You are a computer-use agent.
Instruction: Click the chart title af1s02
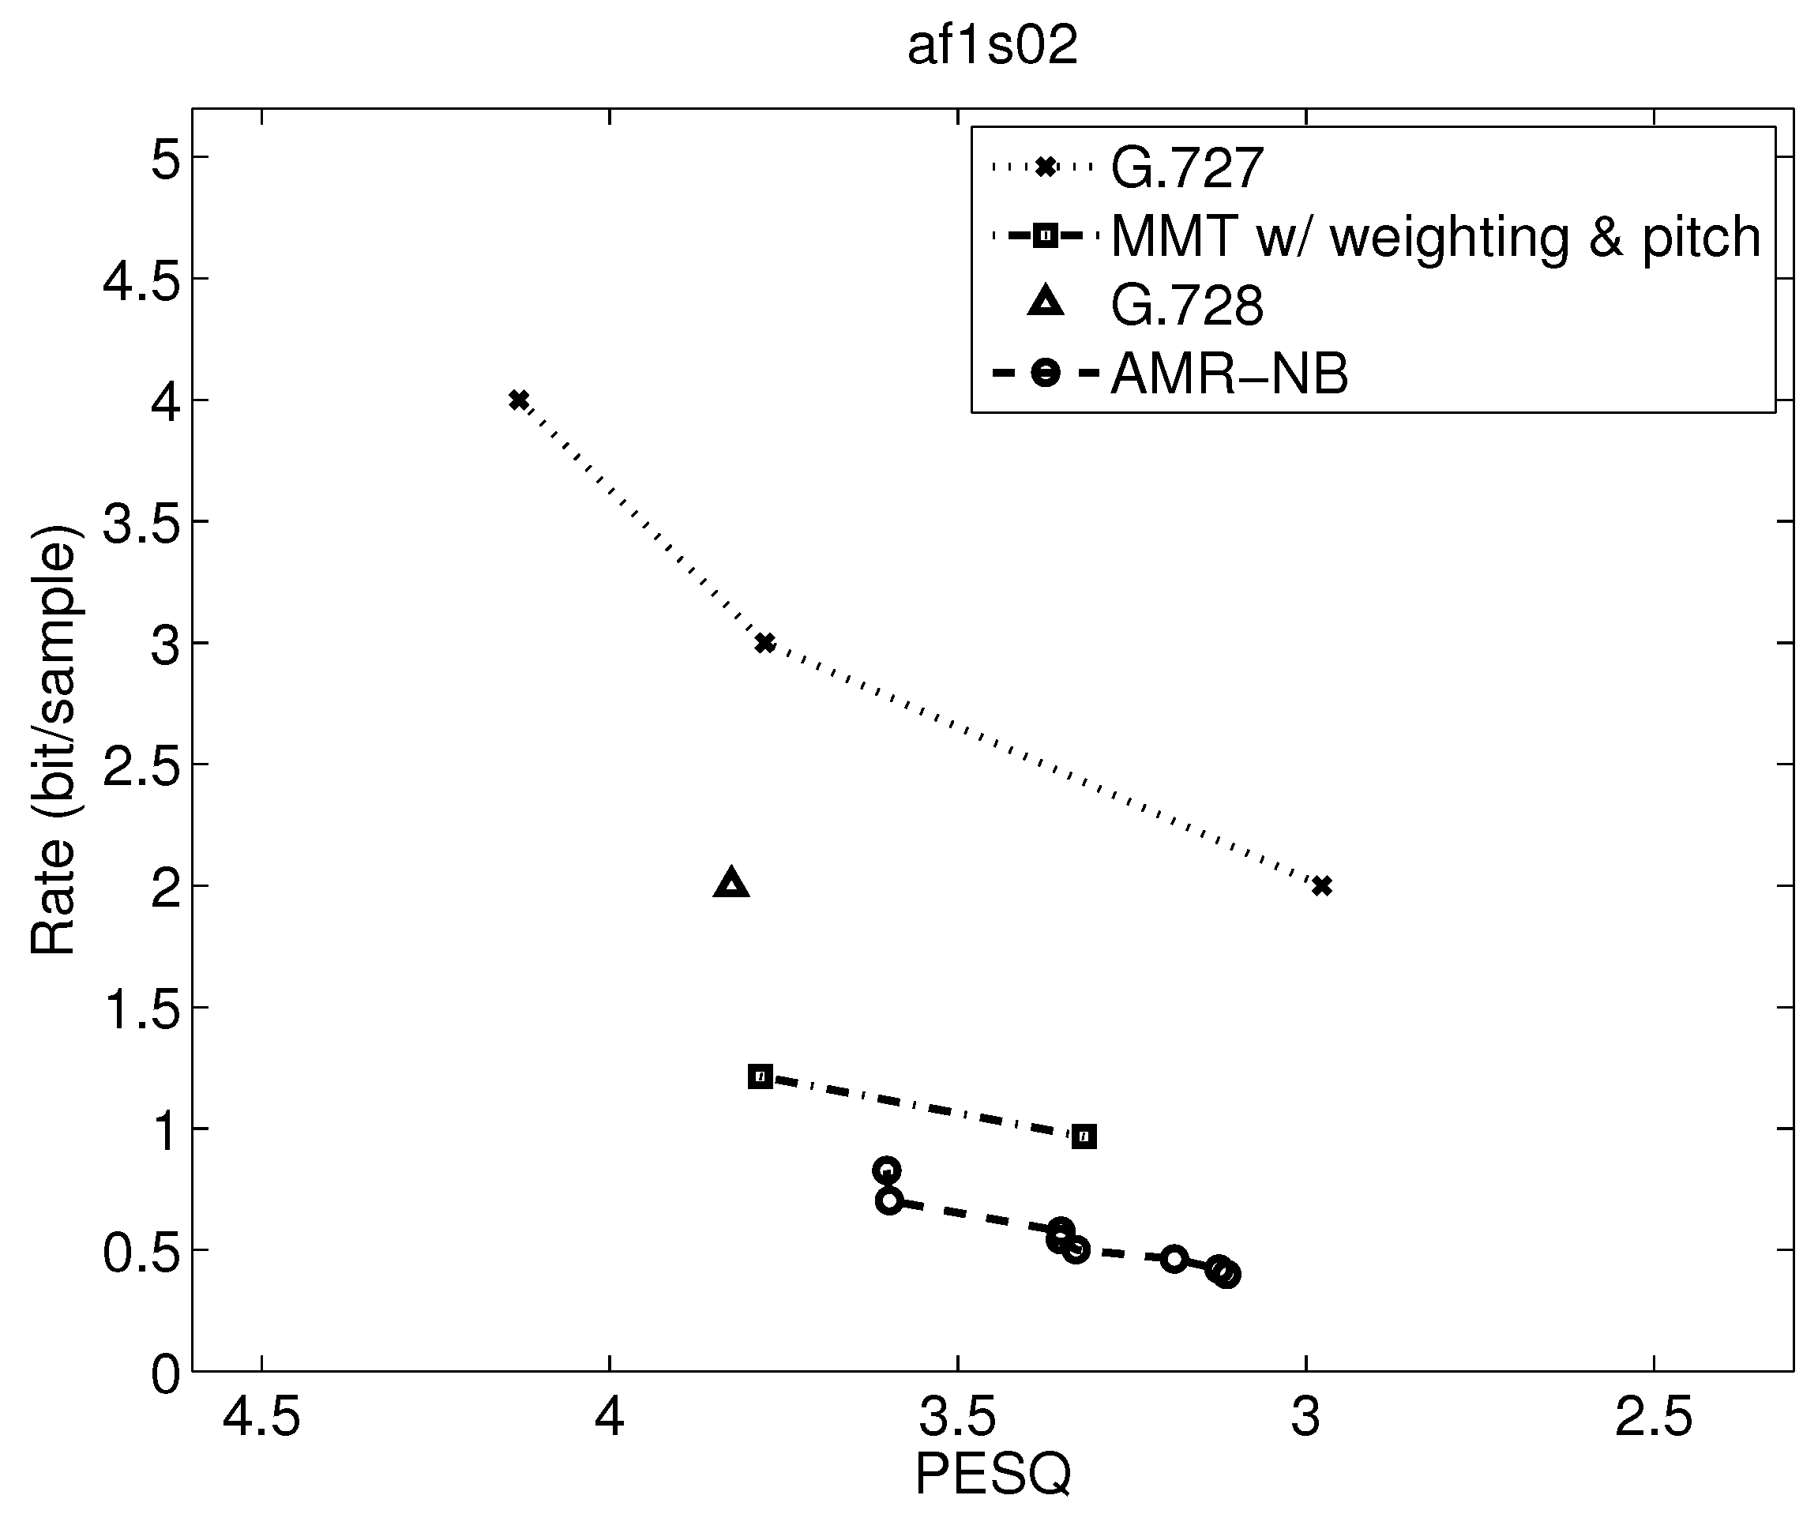(x=992, y=47)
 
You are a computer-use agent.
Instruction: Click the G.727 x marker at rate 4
(x=519, y=400)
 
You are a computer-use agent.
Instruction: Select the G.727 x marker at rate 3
(x=764, y=643)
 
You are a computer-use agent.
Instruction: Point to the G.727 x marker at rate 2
(x=1321, y=885)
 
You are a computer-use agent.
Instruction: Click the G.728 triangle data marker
(x=731, y=884)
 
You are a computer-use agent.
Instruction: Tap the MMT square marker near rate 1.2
(x=760, y=1076)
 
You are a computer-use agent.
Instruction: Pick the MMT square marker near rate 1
(x=1084, y=1136)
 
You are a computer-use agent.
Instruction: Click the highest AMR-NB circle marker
(x=885, y=1170)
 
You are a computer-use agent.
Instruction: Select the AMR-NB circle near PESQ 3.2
(x=1173, y=1259)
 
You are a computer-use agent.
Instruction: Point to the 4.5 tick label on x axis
(x=261, y=1418)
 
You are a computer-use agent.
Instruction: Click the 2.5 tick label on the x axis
(x=1653, y=1418)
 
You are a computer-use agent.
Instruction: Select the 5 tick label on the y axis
(x=165, y=159)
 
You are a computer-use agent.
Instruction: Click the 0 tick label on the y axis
(x=165, y=1373)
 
